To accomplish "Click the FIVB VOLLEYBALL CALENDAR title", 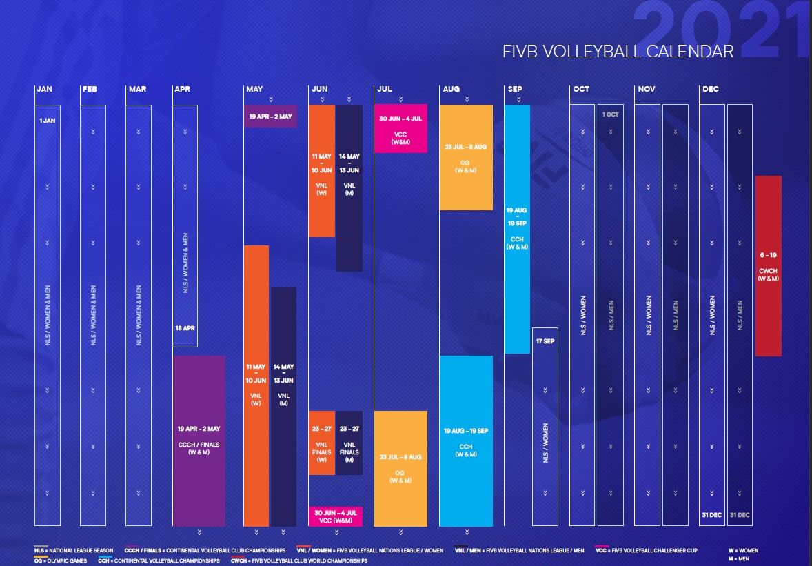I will [x=618, y=52].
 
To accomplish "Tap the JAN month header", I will [x=44, y=89].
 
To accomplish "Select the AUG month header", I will [x=451, y=89].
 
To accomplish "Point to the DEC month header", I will [x=710, y=89].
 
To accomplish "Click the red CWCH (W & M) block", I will [x=768, y=266].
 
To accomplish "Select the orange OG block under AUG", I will [x=466, y=157].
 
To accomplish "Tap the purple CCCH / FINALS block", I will [x=199, y=441].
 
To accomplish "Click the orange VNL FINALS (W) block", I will [x=321, y=443].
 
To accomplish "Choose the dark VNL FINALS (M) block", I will [x=349, y=443].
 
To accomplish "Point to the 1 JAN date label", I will [x=48, y=121].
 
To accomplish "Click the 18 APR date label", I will [x=185, y=328].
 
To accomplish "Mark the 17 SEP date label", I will [x=545, y=341].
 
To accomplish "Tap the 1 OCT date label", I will [x=610, y=114].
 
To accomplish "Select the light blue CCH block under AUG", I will [x=466, y=441].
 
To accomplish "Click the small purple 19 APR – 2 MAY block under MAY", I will [x=270, y=116].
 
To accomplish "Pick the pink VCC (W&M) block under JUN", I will [x=335, y=516].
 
